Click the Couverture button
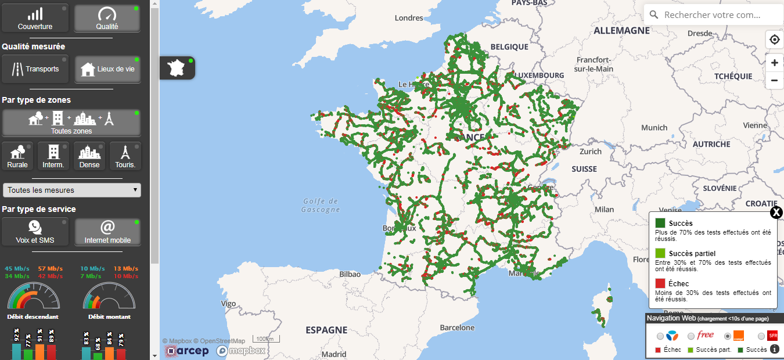[35, 19]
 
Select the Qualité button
[107, 19]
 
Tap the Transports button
[35, 69]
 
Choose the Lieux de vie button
[107, 69]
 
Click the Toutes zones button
[71, 123]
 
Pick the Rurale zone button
[17, 156]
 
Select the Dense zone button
[89, 156]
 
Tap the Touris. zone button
[125, 156]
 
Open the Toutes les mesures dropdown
[71, 190]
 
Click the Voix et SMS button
[35, 232]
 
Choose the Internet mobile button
[107, 232]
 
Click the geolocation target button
[774, 40]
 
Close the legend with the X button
[776, 213]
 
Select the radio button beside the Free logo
[691, 336]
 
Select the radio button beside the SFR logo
[761, 336]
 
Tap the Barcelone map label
[458, 327]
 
